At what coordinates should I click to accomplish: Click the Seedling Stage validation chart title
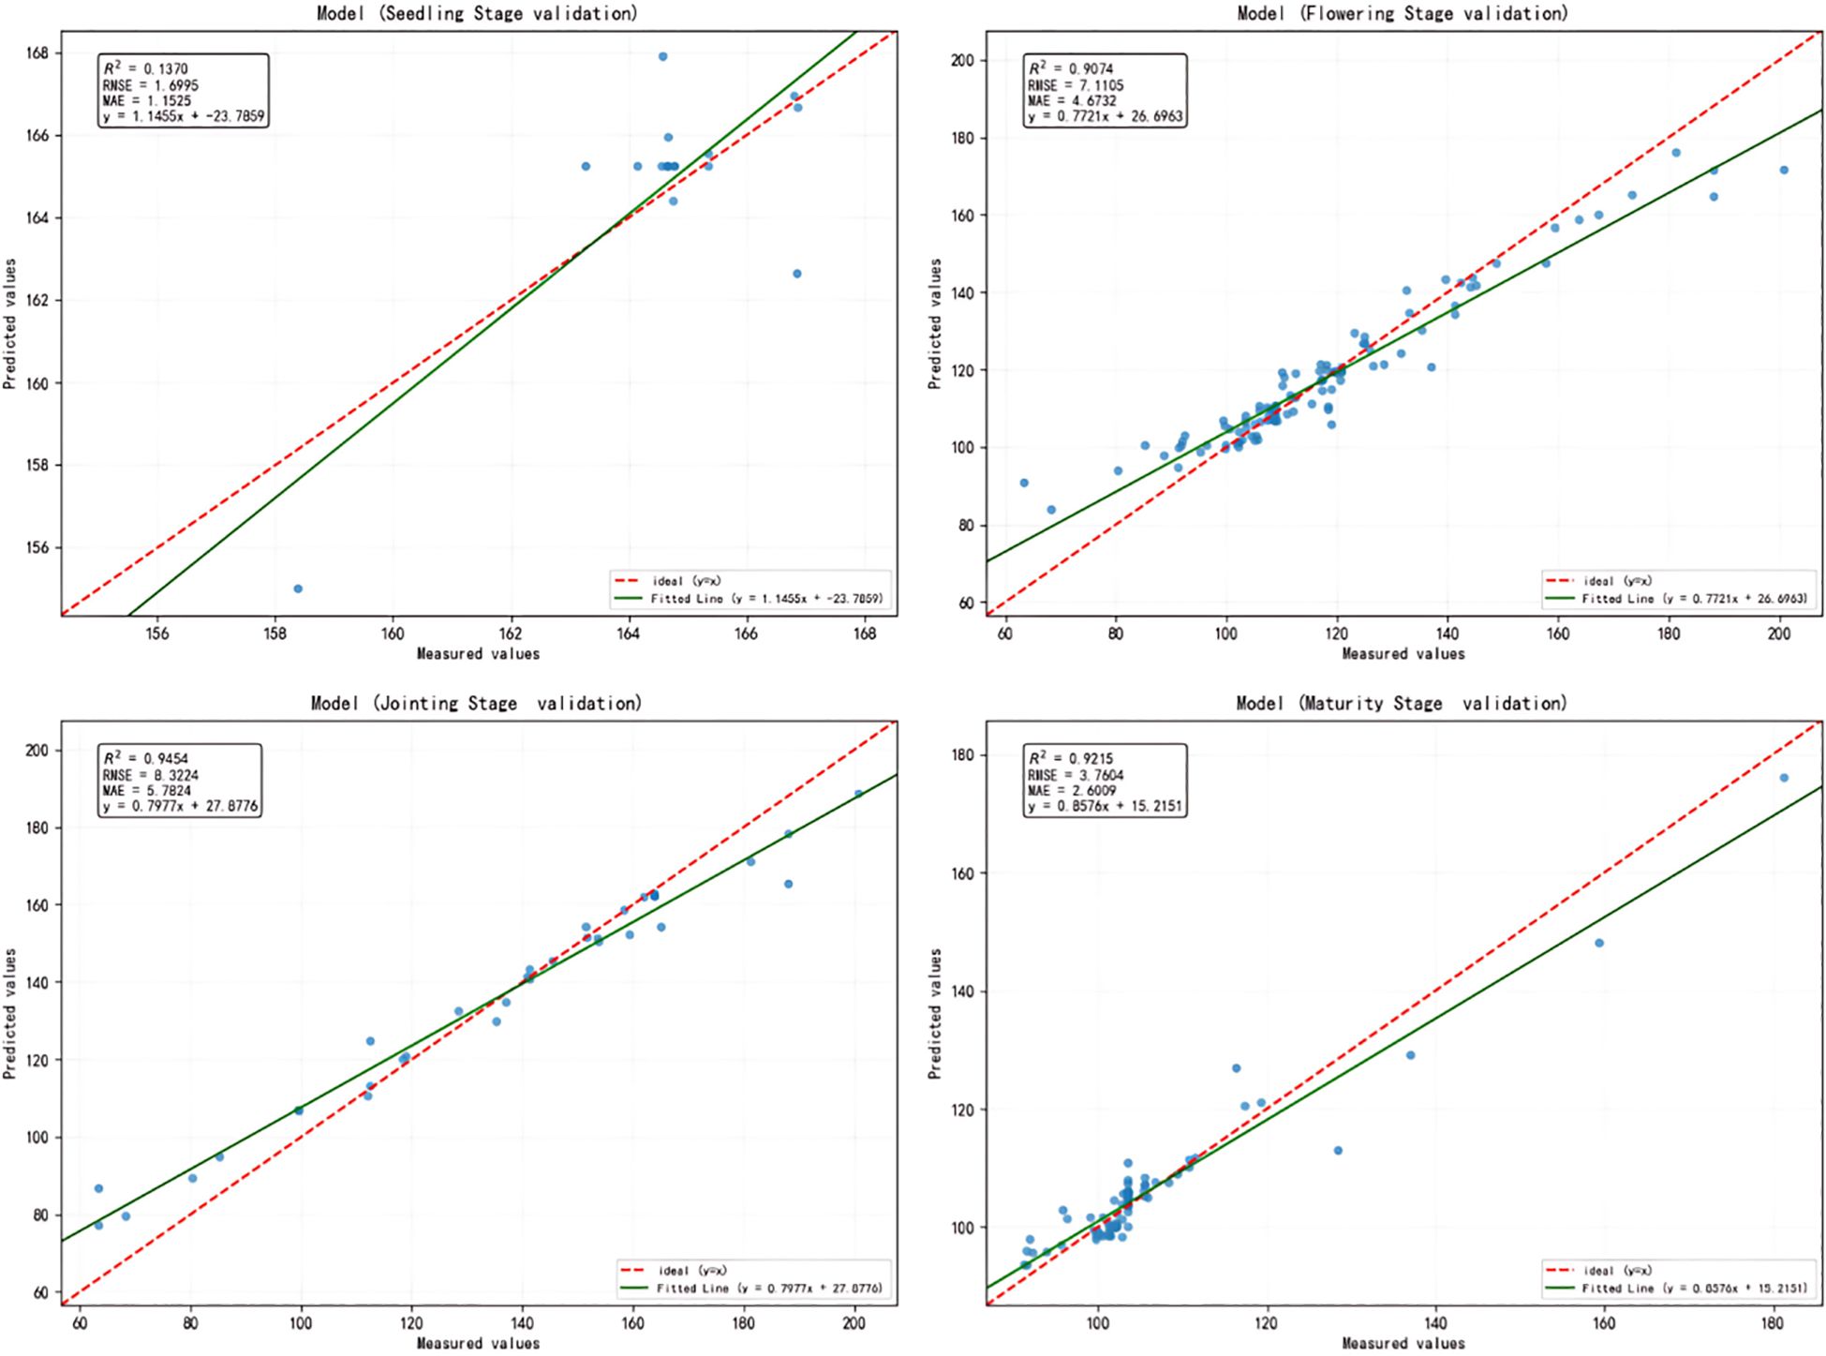478,13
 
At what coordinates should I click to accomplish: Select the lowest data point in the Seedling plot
298,589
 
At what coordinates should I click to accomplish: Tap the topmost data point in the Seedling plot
662,56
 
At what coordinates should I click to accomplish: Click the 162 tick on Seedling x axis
511,633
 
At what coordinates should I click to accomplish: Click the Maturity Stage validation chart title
1402,703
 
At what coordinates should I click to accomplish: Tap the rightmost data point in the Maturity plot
1784,778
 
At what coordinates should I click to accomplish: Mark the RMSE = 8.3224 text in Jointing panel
150,775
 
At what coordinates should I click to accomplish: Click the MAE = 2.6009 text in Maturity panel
1072,790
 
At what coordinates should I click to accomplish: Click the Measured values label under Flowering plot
1403,653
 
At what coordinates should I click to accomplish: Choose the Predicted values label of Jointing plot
10,1013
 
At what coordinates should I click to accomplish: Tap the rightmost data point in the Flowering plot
1784,170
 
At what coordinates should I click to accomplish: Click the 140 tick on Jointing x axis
522,1323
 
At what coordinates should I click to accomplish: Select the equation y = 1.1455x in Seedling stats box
184,117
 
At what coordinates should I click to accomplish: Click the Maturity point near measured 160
1599,943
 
